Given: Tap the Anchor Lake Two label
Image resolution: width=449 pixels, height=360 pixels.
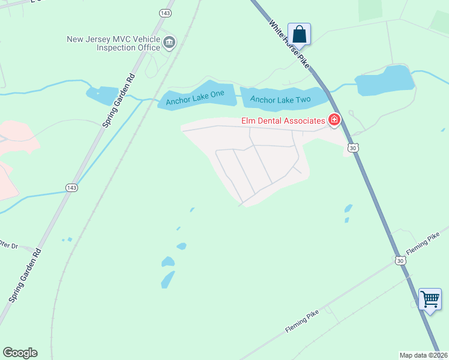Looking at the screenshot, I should pyautogui.click(x=280, y=99).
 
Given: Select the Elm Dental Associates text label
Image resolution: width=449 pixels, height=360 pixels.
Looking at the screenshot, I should pyautogui.click(x=283, y=121).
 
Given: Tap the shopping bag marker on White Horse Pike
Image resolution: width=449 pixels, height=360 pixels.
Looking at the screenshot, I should pyautogui.click(x=299, y=34).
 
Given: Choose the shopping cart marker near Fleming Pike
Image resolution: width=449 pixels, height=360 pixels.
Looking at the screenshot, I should pyautogui.click(x=430, y=299).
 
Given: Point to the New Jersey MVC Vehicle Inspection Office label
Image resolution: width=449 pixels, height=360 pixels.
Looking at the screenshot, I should pyautogui.click(x=113, y=44).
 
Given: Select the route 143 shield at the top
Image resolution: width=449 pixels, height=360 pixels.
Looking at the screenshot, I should pyautogui.click(x=165, y=13).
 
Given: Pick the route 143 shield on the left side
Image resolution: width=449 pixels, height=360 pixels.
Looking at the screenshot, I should pyautogui.click(x=71, y=188).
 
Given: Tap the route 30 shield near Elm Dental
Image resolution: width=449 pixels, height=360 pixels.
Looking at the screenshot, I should pyautogui.click(x=354, y=147).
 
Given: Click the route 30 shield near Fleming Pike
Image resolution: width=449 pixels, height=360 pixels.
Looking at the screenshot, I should pyautogui.click(x=400, y=260).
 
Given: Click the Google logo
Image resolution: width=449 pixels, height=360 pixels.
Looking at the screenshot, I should pyautogui.click(x=20, y=353).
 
